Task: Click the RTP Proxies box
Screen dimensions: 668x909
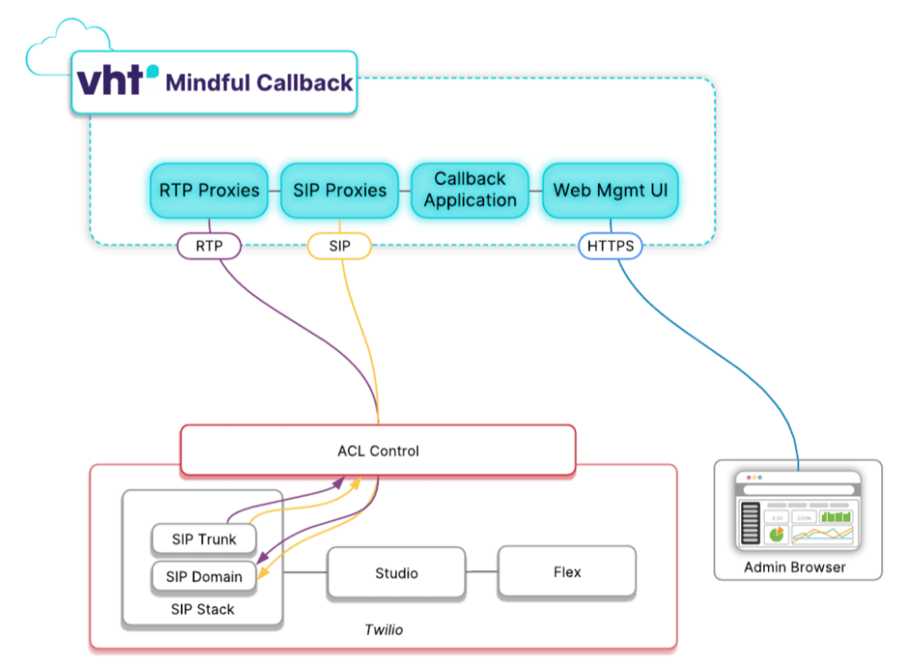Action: click(x=210, y=190)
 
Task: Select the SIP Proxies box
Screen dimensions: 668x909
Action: click(x=340, y=190)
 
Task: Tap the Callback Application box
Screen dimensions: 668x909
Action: click(x=470, y=190)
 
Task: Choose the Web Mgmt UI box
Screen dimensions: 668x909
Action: click(x=610, y=190)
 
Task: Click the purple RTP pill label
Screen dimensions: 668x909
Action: click(x=209, y=246)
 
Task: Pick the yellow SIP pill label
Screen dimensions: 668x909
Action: click(x=339, y=246)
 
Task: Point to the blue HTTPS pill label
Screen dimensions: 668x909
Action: click(x=610, y=246)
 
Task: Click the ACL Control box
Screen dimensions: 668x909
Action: click(x=377, y=451)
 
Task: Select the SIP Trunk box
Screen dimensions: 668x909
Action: click(x=204, y=539)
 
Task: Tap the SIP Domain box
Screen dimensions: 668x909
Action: click(x=204, y=577)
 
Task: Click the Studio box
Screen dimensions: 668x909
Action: click(x=396, y=573)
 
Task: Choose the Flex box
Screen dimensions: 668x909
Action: click(x=567, y=572)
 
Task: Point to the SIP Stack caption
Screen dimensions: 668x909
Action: click(x=202, y=609)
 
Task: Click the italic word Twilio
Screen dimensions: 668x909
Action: click(x=383, y=629)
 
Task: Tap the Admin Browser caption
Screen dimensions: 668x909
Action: click(x=794, y=567)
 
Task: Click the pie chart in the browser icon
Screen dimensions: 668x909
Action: click(x=776, y=534)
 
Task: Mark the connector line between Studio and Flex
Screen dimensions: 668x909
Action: click(x=481, y=573)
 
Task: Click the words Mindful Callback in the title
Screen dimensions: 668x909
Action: click(x=259, y=83)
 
